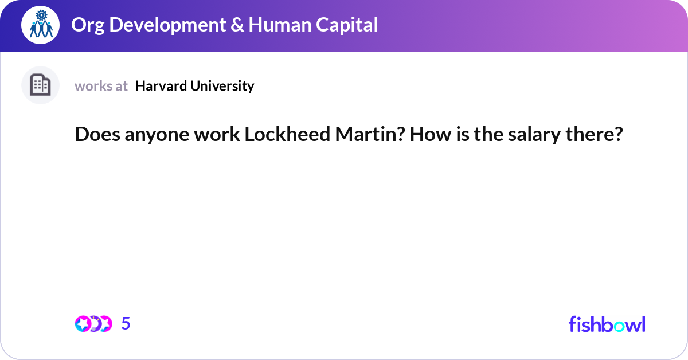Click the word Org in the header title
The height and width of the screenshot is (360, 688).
[x=85, y=25]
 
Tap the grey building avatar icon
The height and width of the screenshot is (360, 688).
[x=40, y=85]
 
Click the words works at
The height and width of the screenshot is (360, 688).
[x=101, y=86]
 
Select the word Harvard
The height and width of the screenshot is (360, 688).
[x=160, y=86]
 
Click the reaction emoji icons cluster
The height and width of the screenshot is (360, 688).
[x=93, y=324]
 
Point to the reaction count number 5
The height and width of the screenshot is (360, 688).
[x=126, y=324]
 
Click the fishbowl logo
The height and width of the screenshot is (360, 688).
[x=607, y=324]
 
